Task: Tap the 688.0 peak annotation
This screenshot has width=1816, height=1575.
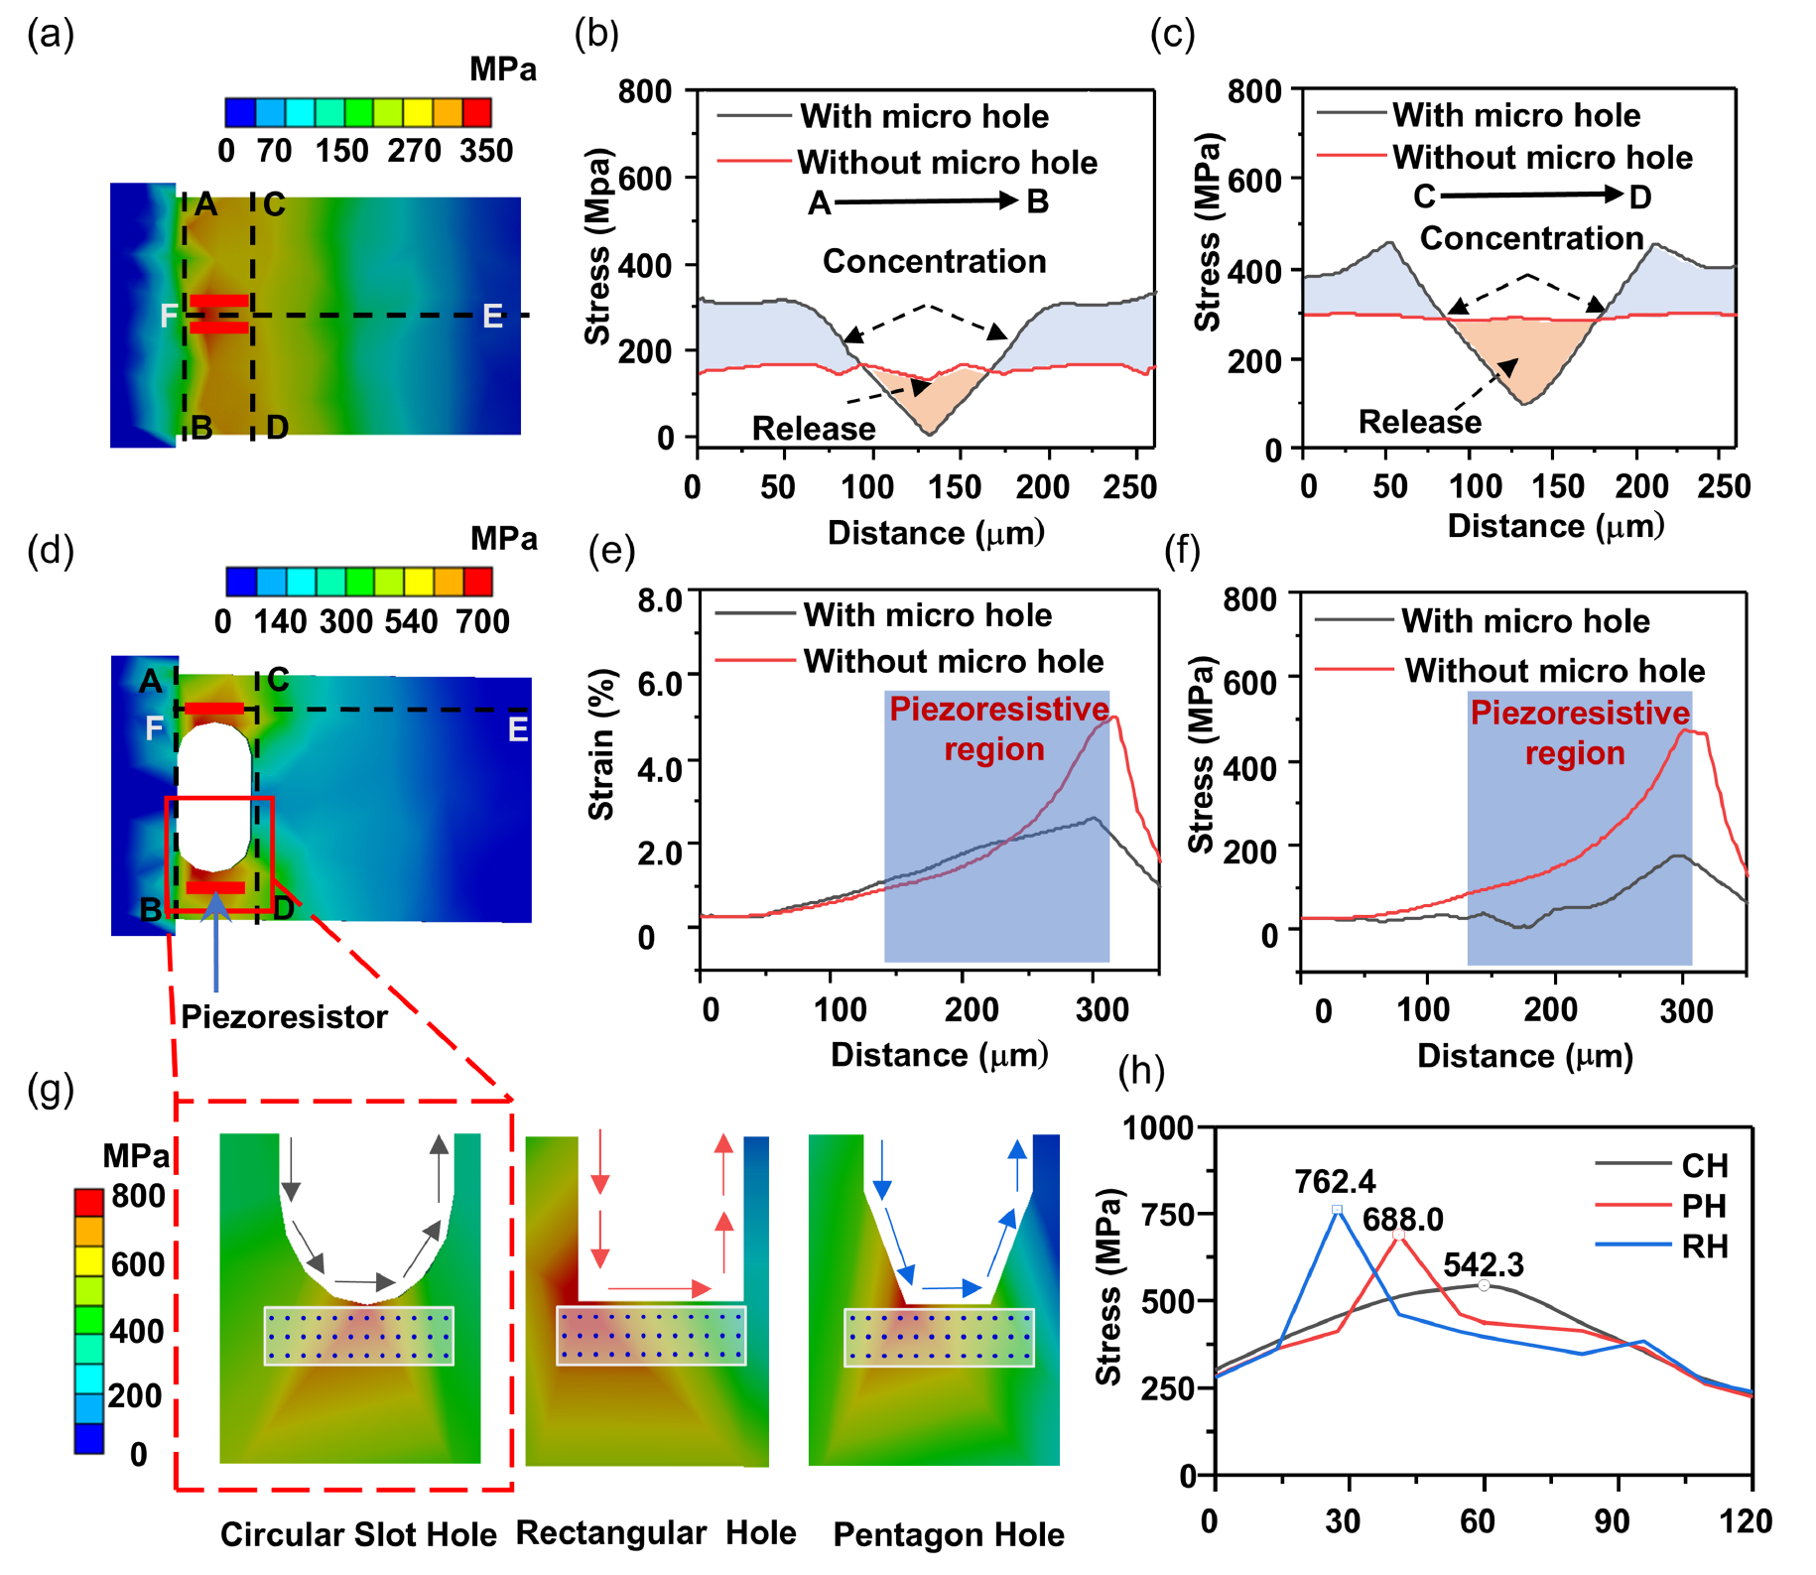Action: click(1402, 1219)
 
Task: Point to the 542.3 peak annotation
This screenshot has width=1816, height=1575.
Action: click(1483, 1264)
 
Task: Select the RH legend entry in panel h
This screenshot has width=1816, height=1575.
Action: click(1704, 1247)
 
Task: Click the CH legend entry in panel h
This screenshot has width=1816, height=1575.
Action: click(1704, 1165)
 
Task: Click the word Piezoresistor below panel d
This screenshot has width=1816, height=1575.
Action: click(284, 1017)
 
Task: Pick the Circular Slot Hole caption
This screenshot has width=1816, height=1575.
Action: click(358, 1534)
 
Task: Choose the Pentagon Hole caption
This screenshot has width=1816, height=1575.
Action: click(949, 1534)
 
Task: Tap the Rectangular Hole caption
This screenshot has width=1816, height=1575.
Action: click(656, 1532)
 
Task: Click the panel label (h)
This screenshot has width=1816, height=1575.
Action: click(1141, 1071)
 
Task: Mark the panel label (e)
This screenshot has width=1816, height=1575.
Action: click(611, 550)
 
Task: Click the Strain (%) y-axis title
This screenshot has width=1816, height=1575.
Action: click(602, 744)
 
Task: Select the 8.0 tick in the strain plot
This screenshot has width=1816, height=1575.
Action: click(660, 600)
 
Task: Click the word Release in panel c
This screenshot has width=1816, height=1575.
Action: click(1419, 422)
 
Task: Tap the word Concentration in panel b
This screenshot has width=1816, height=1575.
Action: click(934, 261)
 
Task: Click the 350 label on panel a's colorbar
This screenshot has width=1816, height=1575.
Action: click(486, 151)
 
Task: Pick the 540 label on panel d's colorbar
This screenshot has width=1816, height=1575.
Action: click(411, 621)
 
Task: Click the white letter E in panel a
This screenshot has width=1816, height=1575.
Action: click(492, 317)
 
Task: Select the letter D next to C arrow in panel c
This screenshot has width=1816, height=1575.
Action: click(1640, 197)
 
